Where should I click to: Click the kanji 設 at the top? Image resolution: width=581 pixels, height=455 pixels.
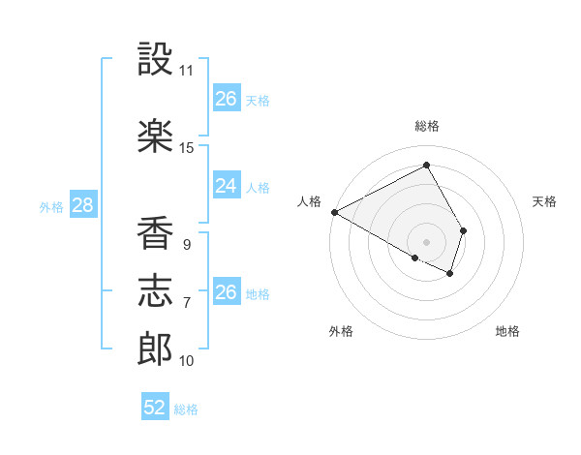point(155,60)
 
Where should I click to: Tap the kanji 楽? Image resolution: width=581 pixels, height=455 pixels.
point(155,136)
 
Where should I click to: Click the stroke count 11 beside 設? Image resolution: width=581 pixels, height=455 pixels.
point(187,71)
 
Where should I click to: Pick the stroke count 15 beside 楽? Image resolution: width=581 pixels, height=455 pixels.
point(187,148)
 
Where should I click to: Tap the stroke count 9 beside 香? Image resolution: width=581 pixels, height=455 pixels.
point(186,245)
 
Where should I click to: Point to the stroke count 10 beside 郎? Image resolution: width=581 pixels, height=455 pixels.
point(187,361)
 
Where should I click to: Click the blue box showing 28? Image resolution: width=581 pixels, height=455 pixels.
point(81,205)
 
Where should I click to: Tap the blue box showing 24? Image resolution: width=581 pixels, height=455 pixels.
point(226,186)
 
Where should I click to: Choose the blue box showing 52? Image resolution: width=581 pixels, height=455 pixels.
point(154,408)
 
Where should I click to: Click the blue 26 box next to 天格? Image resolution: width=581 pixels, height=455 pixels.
point(226,99)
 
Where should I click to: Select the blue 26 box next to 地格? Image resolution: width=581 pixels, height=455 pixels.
point(226,292)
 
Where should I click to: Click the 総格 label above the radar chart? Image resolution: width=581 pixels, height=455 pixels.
point(426,126)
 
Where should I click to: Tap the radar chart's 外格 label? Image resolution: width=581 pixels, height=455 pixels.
point(341,331)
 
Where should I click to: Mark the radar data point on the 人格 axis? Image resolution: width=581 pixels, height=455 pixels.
point(334,212)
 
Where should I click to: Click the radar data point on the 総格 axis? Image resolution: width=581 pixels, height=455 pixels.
point(426,165)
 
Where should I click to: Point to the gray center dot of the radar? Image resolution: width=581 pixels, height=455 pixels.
point(426,240)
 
